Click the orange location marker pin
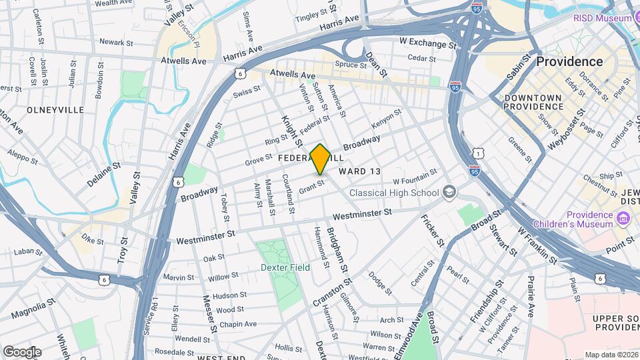320,159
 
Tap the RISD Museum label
602,18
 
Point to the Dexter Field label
285,267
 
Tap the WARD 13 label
360,171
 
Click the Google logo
22,351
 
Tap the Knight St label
287,128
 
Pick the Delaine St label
102,174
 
